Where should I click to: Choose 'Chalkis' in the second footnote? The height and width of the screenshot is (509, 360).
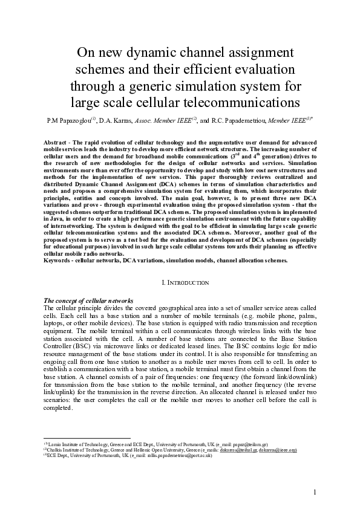pyautogui.click(x=60, y=450)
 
